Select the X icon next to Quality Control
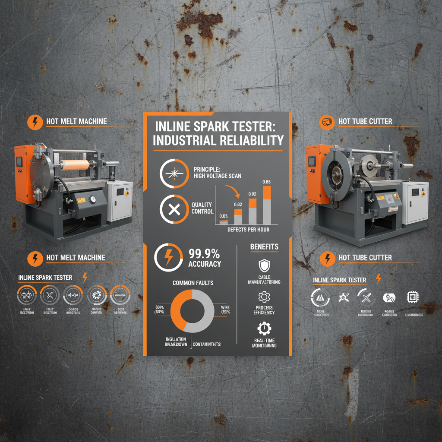[174, 210]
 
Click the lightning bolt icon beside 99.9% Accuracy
[168, 258]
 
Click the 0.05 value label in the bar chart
[223, 215]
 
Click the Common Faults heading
[193, 283]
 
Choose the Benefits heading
[264, 247]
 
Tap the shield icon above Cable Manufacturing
[264, 265]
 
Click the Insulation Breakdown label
[176, 341]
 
